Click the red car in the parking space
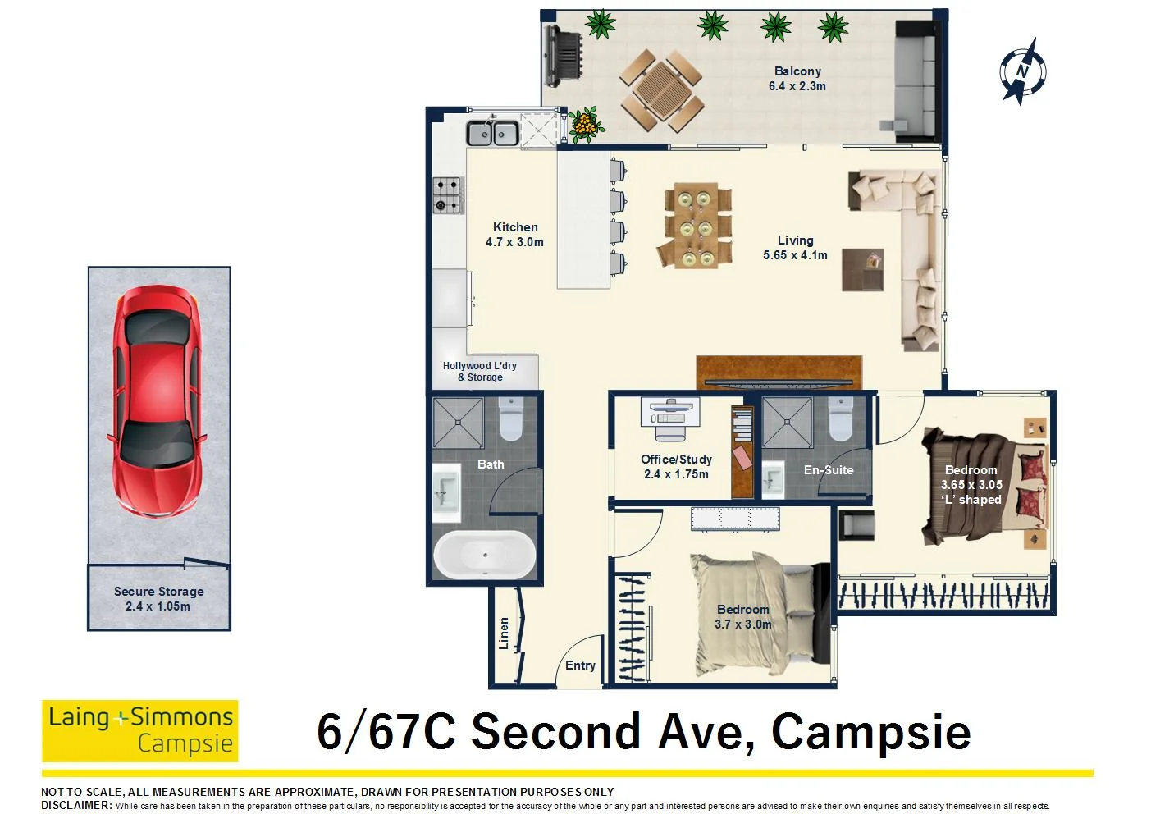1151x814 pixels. (x=158, y=401)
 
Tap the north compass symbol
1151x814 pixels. (x=1022, y=71)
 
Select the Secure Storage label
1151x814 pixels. (x=159, y=599)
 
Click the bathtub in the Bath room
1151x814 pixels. (x=485, y=555)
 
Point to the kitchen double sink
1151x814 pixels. (x=492, y=133)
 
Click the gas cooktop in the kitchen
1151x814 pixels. (x=448, y=194)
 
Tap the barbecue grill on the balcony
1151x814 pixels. (x=564, y=56)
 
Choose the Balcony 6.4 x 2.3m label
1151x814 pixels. (x=797, y=79)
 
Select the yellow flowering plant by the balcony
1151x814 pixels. (x=585, y=125)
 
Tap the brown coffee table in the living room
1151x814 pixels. (x=863, y=270)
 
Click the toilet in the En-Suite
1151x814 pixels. (x=842, y=418)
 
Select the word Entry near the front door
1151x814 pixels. (x=580, y=665)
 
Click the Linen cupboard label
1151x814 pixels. (x=504, y=633)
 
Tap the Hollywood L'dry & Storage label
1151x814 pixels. (x=480, y=371)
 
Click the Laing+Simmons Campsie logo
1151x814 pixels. (x=139, y=731)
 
